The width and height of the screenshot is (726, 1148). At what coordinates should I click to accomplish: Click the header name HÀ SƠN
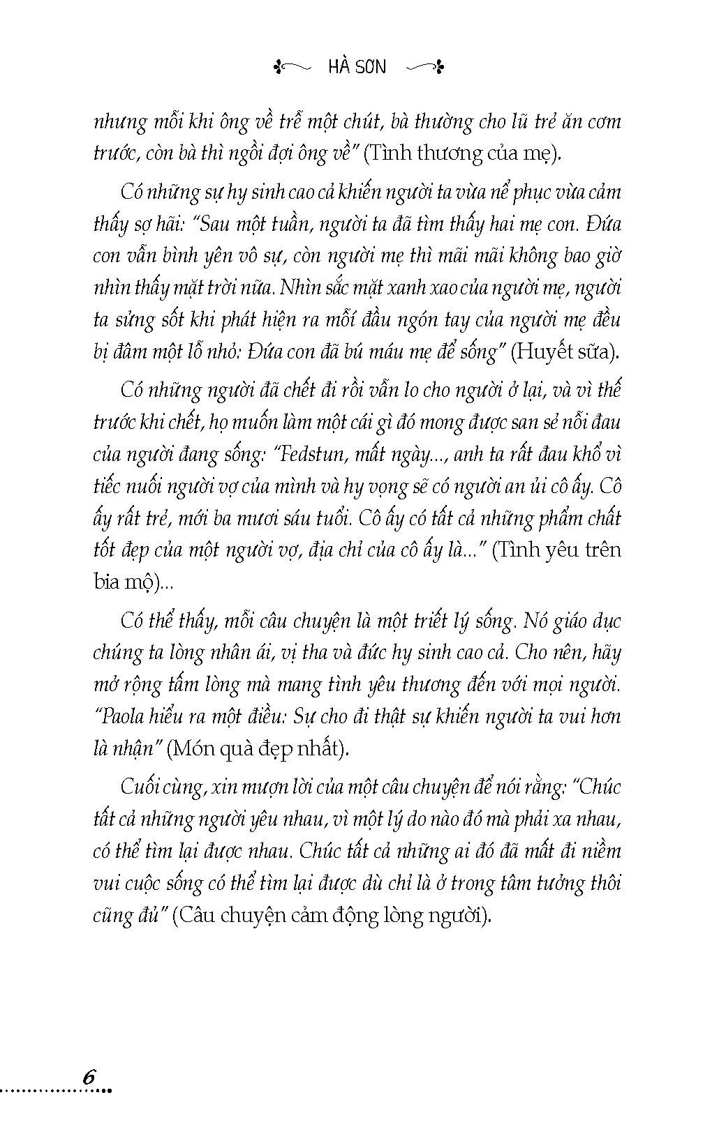356,67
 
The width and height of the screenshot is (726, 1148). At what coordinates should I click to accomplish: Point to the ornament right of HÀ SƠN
425,67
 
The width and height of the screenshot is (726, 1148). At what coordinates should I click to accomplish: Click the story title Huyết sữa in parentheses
564,352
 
